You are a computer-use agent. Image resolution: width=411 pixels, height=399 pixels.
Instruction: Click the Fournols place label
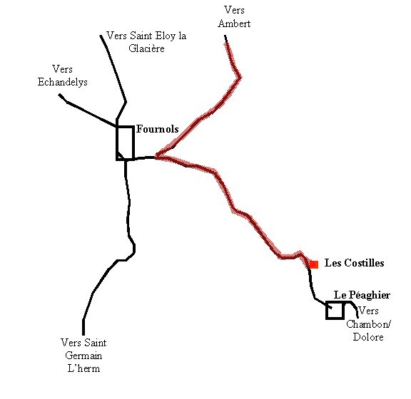point(157,129)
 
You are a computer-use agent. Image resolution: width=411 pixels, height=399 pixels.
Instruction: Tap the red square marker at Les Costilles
point(314,264)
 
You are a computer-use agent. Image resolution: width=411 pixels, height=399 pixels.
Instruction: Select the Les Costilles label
point(354,263)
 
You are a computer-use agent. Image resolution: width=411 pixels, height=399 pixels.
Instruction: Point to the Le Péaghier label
point(362,295)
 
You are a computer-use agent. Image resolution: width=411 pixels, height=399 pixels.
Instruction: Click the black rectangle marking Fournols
point(116,142)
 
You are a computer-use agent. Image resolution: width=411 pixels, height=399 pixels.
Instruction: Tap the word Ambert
point(234,24)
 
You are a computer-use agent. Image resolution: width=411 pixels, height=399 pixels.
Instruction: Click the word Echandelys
point(62,82)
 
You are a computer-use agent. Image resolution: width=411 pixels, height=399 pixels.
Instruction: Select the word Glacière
point(146,48)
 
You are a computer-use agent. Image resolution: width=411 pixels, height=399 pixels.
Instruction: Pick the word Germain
point(83,356)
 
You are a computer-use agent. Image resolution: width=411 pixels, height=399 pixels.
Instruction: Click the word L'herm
point(83,368)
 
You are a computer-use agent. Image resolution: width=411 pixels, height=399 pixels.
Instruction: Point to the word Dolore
point(368,337)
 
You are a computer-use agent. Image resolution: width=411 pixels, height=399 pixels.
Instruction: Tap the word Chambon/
point(368,324)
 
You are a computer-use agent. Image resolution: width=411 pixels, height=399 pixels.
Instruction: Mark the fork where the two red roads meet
point(156,157)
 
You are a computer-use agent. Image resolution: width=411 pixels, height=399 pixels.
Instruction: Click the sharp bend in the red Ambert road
point(240,77)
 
